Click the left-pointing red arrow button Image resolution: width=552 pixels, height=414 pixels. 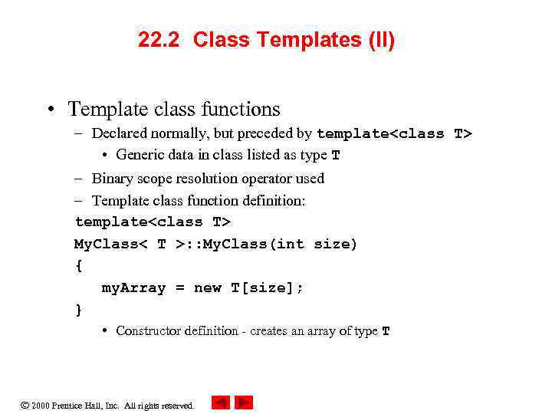[x=221, y=402]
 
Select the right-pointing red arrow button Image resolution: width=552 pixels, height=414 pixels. [x=244, y=402]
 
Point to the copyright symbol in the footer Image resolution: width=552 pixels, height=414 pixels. [x=24, y=405]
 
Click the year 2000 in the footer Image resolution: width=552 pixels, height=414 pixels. [x=40, y=406]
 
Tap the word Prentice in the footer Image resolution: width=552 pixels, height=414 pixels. [x=67, y=406]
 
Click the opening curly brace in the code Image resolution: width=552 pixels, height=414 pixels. [x=78, y=266]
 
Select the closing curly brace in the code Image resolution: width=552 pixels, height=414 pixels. [x=78, y=310]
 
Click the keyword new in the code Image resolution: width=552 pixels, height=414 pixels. [x=208, y=288]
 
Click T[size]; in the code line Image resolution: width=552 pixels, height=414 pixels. [x=268, y=288]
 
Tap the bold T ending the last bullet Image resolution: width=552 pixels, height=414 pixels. [x=386, y=332]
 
